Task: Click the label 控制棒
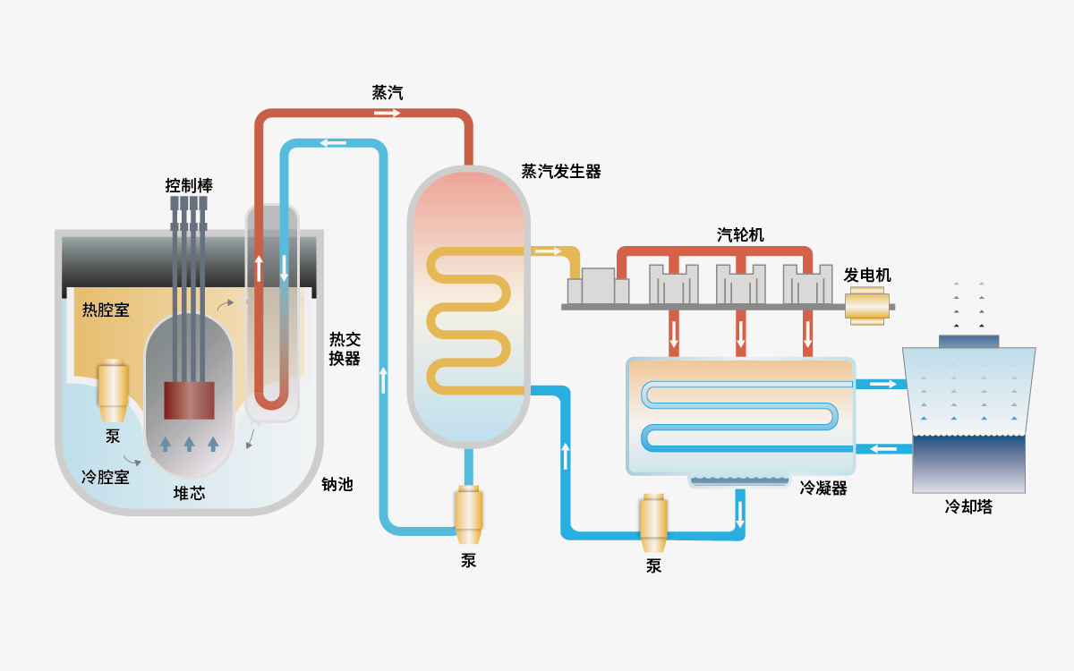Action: tap(189, 186)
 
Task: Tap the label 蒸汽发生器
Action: tap(561, 172)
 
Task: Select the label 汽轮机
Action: tap(740, 235)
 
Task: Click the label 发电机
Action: tap(867, 276)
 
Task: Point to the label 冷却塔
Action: tap(968, 507)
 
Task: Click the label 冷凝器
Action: tap(823, 488)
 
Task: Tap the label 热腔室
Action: tap(106, 310)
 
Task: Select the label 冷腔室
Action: tap(105, 477)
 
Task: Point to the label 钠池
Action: tap(337, 485)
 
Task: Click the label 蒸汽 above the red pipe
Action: tap(388, 92)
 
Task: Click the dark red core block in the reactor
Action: tap(189, 400)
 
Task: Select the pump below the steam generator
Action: tap(469, 513)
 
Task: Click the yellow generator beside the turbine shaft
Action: tap(867, 306)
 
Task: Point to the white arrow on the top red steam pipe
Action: tap(387, 114)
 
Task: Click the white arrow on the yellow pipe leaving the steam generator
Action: tap(547, 251)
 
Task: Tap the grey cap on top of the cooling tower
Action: tap(968, 341)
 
